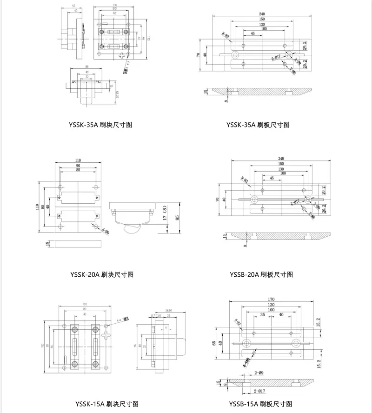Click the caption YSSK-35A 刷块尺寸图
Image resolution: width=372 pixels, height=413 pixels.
tap(100, 125)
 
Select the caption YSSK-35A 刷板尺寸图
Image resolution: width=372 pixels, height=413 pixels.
tap(258, 125)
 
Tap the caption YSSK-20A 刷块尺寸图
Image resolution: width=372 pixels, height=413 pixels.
tap(101, 274)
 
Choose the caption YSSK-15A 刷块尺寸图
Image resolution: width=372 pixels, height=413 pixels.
tap(107, 404)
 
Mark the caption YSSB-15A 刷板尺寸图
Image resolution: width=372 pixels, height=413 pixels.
tap(261, 404)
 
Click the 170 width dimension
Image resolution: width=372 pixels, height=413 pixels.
tap(271, 299)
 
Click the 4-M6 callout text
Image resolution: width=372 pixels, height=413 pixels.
tap(246, 360)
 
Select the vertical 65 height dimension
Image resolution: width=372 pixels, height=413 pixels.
tap(213, 343)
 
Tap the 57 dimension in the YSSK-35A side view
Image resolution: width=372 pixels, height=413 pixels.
tap(73, 6)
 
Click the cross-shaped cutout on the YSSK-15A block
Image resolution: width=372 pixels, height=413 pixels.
tap(107, 336)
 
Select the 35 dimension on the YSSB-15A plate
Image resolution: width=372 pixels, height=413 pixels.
tap(263, 315)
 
